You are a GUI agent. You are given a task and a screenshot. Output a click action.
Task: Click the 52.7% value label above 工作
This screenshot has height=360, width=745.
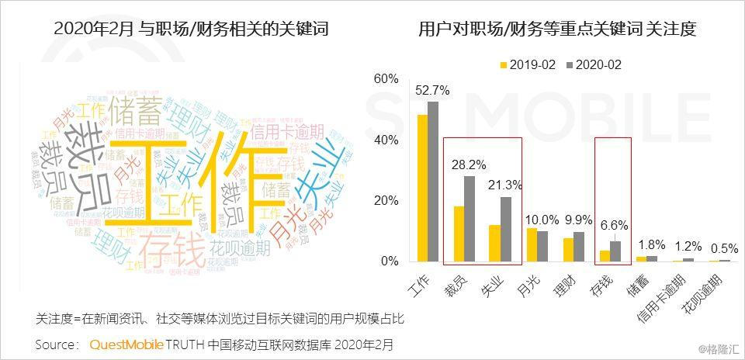click(x=432, y=90)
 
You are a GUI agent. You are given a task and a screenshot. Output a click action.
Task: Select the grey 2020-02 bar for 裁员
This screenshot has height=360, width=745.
click(x=469, y=219)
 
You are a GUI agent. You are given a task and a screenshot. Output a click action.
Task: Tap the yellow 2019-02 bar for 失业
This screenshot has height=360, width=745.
click(x=494, y=243)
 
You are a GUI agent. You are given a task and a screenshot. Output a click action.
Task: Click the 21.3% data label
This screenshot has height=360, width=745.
click(x=505, y=185)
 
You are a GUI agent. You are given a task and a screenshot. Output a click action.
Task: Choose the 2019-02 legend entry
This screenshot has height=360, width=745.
click(x=527, y=65)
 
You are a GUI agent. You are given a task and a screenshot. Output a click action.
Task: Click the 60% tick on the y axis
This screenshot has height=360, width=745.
click(x=386, y=79)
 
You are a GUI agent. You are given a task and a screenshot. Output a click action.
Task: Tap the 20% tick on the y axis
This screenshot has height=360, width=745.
click(x=386, y=201)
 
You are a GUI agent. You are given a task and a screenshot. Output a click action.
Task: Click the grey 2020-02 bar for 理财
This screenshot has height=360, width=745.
click(x=578, y=247)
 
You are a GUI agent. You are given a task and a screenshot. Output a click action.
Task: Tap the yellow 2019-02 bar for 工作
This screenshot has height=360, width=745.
click(x=422, y=188)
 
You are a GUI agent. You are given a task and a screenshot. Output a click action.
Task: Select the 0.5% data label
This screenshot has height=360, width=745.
click(x=724, y=248)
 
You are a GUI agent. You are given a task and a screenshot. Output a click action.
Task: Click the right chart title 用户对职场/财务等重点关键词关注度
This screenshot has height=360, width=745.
click(x=556, y=29)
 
